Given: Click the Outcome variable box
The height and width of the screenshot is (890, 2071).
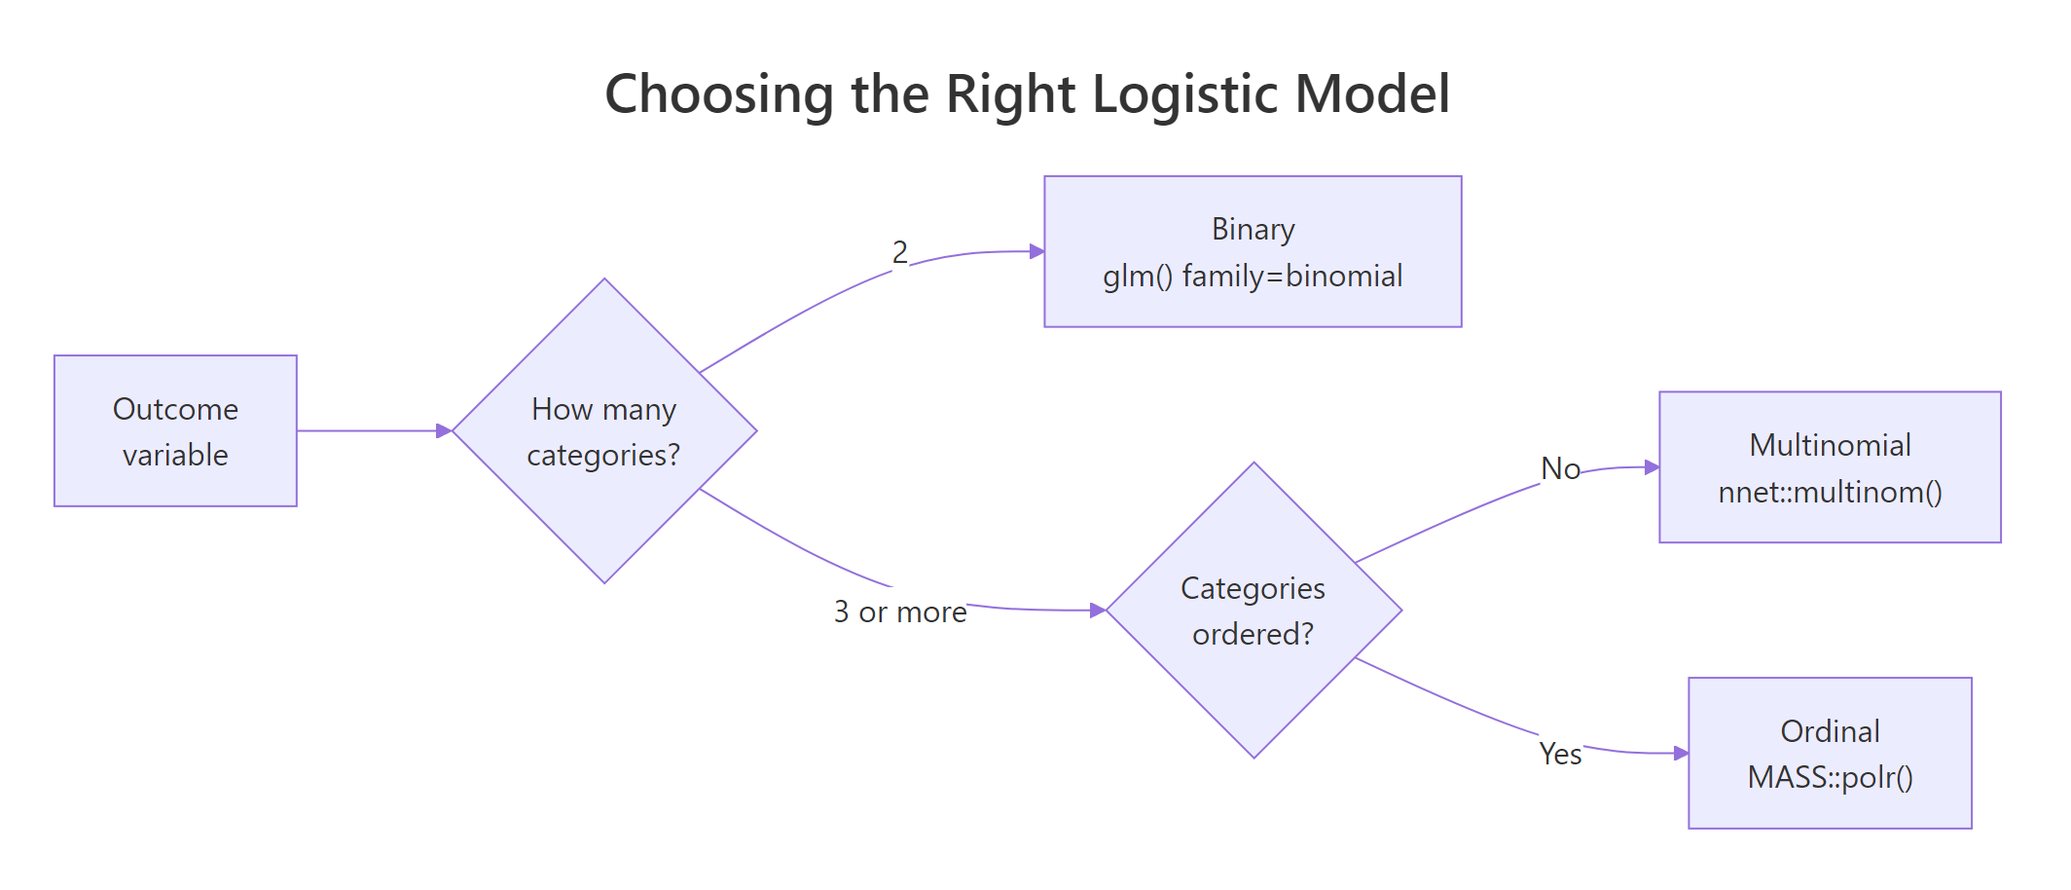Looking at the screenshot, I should click(175, 430).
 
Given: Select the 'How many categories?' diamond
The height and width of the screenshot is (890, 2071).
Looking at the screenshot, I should click(603, 430).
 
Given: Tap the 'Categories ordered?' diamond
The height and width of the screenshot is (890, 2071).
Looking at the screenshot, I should click(1253, 611).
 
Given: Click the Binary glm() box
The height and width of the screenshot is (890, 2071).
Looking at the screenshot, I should click(1253, 251).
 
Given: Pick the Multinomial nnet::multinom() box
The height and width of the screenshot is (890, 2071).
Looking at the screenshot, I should click(1830, 467).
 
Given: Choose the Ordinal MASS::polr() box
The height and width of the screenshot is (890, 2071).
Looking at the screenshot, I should click(1830, 753).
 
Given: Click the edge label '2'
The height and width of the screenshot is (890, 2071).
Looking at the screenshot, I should click(900, 252).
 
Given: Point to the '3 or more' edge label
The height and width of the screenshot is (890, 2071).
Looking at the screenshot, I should click(900, 612).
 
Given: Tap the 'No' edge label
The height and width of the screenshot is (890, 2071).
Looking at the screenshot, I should click(1560, 468).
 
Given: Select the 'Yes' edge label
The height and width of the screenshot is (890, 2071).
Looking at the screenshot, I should click(1560, 754).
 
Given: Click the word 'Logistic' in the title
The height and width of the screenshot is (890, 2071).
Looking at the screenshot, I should click(1184, 94).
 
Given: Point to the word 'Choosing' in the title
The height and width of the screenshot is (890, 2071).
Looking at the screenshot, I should click(719, 94).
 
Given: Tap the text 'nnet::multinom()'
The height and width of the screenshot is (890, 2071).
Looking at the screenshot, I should click(1830, 492).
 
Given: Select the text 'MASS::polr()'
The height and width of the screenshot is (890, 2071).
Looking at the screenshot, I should click(1830, 777).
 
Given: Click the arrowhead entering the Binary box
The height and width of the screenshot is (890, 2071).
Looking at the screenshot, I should click(1036, 251).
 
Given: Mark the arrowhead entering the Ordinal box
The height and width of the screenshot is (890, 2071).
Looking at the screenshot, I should click(1681, 753).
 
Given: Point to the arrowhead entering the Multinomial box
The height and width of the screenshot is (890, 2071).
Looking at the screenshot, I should click(1652, 467).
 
